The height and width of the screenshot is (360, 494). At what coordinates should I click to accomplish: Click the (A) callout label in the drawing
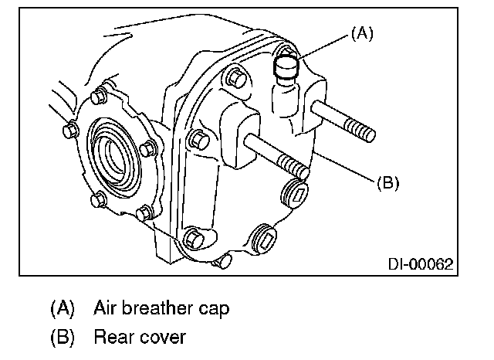[363, 34]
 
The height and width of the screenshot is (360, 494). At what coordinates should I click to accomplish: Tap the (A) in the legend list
[63, 309]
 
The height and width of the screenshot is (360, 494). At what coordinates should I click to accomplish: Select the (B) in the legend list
[63, 338]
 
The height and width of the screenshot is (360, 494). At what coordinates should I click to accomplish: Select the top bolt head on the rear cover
[237, 76]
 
